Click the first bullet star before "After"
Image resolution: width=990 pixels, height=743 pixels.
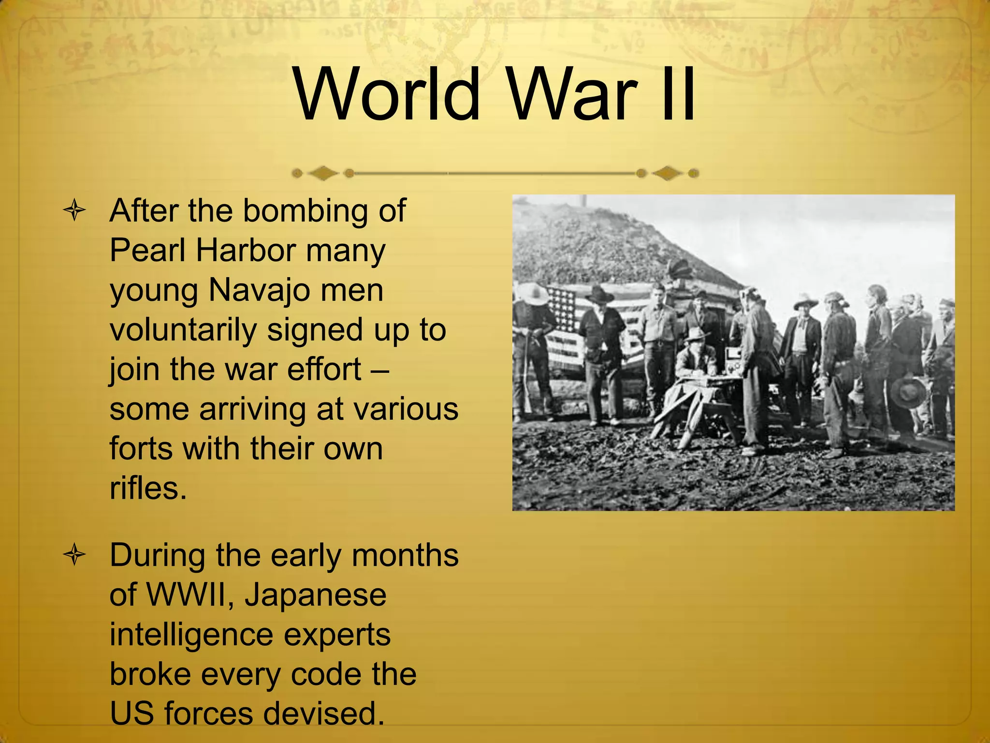pos(74,211)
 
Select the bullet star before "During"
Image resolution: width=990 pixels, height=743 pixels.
pos(74,555)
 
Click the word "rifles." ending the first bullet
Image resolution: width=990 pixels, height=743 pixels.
pos(148,489)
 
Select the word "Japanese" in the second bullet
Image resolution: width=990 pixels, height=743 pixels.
pos(315,595)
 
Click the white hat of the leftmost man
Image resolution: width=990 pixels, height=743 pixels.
pos(534,292)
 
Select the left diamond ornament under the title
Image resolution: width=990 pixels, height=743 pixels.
pos(323,173)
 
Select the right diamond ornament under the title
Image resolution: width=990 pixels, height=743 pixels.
pos(667,173)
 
